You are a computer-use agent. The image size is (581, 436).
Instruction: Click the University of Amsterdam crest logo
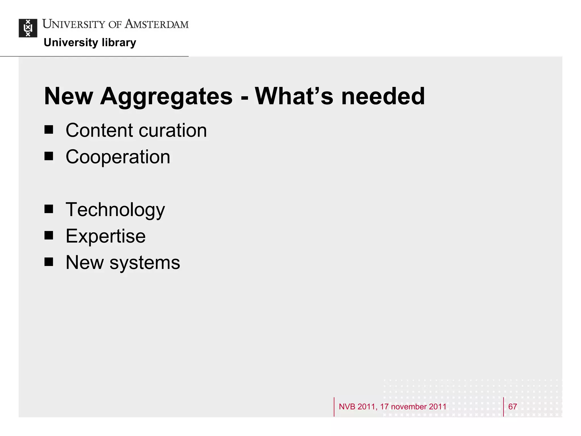point(28,28)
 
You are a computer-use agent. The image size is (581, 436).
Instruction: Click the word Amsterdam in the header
point(157,24)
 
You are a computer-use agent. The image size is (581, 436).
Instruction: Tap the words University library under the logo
point(90,43)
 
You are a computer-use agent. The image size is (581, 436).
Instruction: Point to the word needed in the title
point(383,97)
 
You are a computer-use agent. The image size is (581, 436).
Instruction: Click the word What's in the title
point(294,97)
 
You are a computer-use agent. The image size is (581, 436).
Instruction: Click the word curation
point(173,131)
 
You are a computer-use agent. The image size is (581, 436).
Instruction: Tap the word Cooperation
point(118,157)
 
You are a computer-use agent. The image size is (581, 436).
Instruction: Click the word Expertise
point(106,236)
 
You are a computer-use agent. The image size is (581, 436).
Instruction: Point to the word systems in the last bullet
point(145,263)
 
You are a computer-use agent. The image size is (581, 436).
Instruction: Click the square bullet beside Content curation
point(49,130)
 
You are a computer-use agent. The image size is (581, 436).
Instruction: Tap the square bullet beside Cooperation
point(49,156)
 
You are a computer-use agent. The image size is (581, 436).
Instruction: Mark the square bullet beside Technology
point(49,209)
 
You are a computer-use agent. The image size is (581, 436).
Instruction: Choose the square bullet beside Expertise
point(49,235)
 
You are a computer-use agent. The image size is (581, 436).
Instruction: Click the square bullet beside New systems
point(49,262)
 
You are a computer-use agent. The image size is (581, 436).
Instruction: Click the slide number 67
point(512,406)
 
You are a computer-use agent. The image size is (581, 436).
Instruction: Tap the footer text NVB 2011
point(357,406)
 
